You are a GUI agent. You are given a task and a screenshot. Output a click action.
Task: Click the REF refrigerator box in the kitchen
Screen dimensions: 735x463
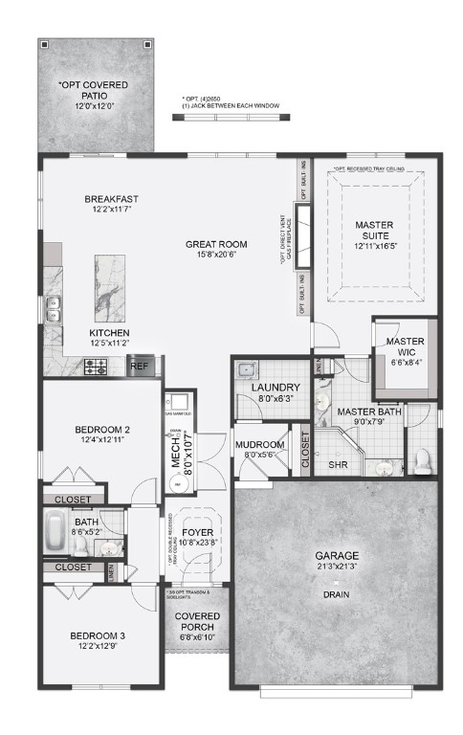[139, 365]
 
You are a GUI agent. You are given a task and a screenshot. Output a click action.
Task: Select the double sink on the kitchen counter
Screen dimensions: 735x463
[54, 309]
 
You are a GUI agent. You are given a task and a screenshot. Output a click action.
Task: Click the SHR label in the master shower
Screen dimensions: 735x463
[337, 466]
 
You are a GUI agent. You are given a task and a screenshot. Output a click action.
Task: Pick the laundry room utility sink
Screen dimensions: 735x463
[246, 369]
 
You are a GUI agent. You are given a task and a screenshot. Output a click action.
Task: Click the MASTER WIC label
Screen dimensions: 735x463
[406, 347]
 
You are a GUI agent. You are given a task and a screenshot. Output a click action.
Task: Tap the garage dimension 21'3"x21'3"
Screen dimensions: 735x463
[338, 567]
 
